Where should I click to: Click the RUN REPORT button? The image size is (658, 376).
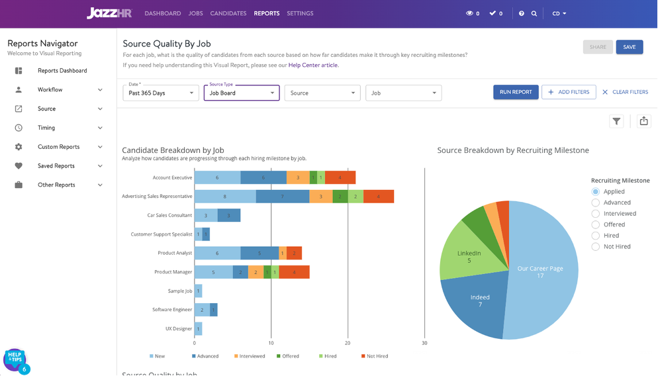pos(516,92)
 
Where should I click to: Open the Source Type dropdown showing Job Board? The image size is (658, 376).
pos(242,93)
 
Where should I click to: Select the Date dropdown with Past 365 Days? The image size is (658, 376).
pos(161,93)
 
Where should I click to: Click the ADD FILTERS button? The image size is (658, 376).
pos(569,92)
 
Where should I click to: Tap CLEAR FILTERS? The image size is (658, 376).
pos(625,92)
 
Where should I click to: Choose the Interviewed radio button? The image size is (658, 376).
pos(596,214)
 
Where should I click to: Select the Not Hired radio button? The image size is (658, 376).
pos(596,246)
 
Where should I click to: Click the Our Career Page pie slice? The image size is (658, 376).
pos(540,272)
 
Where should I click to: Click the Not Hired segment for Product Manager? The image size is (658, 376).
pos(294,272)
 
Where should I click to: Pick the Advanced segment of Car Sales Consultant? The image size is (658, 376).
pos(228,215)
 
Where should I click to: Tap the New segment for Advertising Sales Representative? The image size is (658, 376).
pos(225,197)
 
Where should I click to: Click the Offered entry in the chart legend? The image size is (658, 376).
pos(287,356)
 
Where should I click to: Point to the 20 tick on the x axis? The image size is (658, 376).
pos(348,344)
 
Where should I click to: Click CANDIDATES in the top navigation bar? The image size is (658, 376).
pos(228,13)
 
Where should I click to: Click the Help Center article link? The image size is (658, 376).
pos(312,65)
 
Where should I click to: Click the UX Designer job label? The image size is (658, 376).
pos(179,328)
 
